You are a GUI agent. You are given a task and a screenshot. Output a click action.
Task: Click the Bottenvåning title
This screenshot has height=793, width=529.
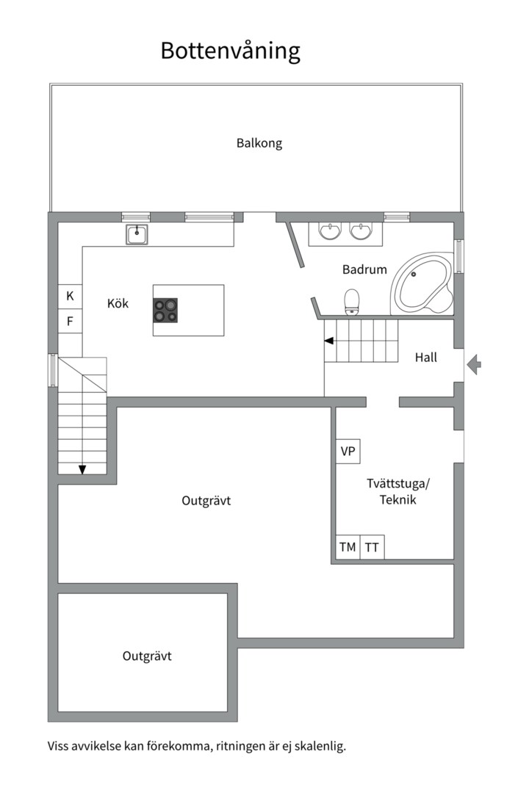pos(230,51)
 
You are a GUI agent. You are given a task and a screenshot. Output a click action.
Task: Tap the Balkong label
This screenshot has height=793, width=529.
pos(259,143)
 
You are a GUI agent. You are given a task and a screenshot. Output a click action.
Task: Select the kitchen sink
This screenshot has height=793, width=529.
pos(137,235)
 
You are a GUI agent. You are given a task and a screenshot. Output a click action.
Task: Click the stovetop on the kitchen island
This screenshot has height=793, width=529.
pos(165,310)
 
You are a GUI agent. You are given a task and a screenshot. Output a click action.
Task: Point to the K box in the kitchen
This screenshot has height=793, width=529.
pos(71,296)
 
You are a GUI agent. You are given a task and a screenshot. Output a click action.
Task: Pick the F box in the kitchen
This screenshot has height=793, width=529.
pos(71,321)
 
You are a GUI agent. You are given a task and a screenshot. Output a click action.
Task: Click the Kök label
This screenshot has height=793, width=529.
pos(118,303)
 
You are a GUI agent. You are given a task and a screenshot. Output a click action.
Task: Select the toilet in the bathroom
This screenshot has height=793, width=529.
pos(351,302)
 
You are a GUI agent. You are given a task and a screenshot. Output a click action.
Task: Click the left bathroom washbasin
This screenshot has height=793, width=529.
pos(330,231)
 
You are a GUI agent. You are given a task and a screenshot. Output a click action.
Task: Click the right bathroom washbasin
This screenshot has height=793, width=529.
pos(361,231)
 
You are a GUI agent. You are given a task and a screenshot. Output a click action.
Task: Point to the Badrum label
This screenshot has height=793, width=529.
pos(364,269)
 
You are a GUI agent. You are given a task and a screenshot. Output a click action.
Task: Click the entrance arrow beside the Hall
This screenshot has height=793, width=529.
pos(474,364)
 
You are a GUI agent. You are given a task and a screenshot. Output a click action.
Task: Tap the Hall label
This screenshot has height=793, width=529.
pos(425,358)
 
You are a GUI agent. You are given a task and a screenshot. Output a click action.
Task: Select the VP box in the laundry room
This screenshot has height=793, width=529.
pos(348,451)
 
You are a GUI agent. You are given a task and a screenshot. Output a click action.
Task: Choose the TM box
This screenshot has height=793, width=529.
pos(348,547)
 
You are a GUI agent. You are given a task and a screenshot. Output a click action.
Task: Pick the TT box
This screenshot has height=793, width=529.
pos(372,547)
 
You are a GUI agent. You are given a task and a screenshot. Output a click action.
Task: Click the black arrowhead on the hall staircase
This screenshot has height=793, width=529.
pos(329,341)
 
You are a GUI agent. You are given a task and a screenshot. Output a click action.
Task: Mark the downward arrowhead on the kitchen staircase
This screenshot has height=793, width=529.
pos(82,470)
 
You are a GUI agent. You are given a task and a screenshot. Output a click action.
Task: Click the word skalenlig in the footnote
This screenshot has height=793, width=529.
pos(321,746)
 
